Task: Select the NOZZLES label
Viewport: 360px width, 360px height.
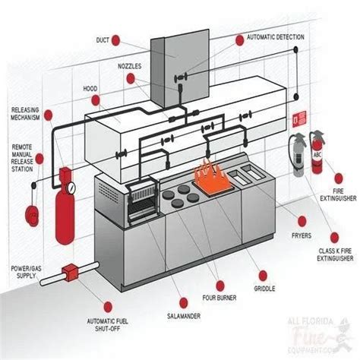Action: coord(129,66)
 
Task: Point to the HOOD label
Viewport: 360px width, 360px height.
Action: coord(90,88)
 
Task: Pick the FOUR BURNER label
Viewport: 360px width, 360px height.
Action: coord(220,298)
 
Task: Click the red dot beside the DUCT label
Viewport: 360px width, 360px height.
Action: coord(135,39)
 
